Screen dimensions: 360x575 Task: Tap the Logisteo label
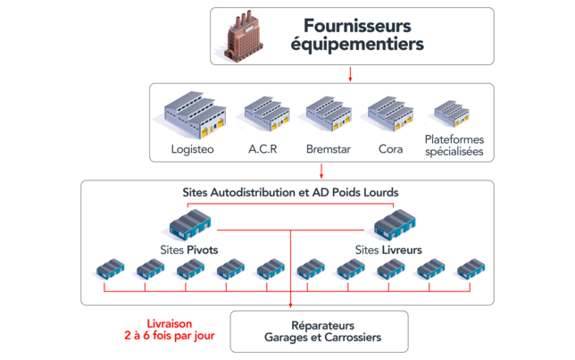192,149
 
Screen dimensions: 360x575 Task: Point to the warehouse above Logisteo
192,117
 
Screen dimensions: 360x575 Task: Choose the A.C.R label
262,149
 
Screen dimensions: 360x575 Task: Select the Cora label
390,149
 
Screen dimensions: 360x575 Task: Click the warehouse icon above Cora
390,115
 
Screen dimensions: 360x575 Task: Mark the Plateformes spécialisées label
455,146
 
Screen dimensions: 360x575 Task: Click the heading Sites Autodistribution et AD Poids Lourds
290,192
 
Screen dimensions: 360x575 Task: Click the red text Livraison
169,323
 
